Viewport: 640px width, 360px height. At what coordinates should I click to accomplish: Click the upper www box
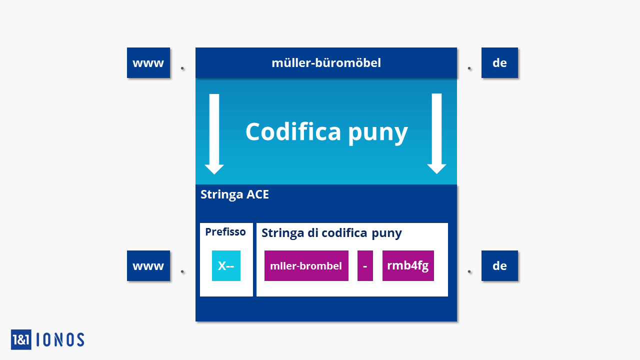click(148, 62)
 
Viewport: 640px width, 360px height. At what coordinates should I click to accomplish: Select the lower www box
click(148, 265)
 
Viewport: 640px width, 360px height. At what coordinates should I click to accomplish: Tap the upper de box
click(499, 62)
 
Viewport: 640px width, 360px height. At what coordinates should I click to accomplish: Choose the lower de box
click(499, 265)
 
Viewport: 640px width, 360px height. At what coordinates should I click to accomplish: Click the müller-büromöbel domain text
click(326, 63)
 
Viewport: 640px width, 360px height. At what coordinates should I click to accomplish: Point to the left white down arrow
click(214, 134)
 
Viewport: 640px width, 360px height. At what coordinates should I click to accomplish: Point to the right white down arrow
click(436, 133)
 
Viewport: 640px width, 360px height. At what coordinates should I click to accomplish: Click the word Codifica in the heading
click(293, 131)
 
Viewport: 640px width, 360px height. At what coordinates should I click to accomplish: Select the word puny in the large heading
click(378, 133)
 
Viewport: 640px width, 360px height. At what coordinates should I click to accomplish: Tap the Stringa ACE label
click(234, 195)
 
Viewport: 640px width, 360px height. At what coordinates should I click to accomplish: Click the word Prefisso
click(225, 231)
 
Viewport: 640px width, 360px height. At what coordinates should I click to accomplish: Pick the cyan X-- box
click(226, 265)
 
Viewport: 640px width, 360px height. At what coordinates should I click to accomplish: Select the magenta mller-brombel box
click(306, 265)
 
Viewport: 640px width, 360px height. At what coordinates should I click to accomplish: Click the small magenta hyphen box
click(365, 265)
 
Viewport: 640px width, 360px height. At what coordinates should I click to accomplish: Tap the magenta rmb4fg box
click(408, 265)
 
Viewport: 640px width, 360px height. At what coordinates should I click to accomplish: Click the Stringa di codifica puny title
click(331, 233)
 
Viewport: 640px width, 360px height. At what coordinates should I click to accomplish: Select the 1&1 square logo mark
click(21, 339)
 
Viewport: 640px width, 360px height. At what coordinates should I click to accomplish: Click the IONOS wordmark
click(60, 339)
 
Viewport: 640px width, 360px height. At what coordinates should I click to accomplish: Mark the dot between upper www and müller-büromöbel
click(182, 68)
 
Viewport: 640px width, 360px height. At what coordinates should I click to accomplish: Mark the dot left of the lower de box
click(469, 271)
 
